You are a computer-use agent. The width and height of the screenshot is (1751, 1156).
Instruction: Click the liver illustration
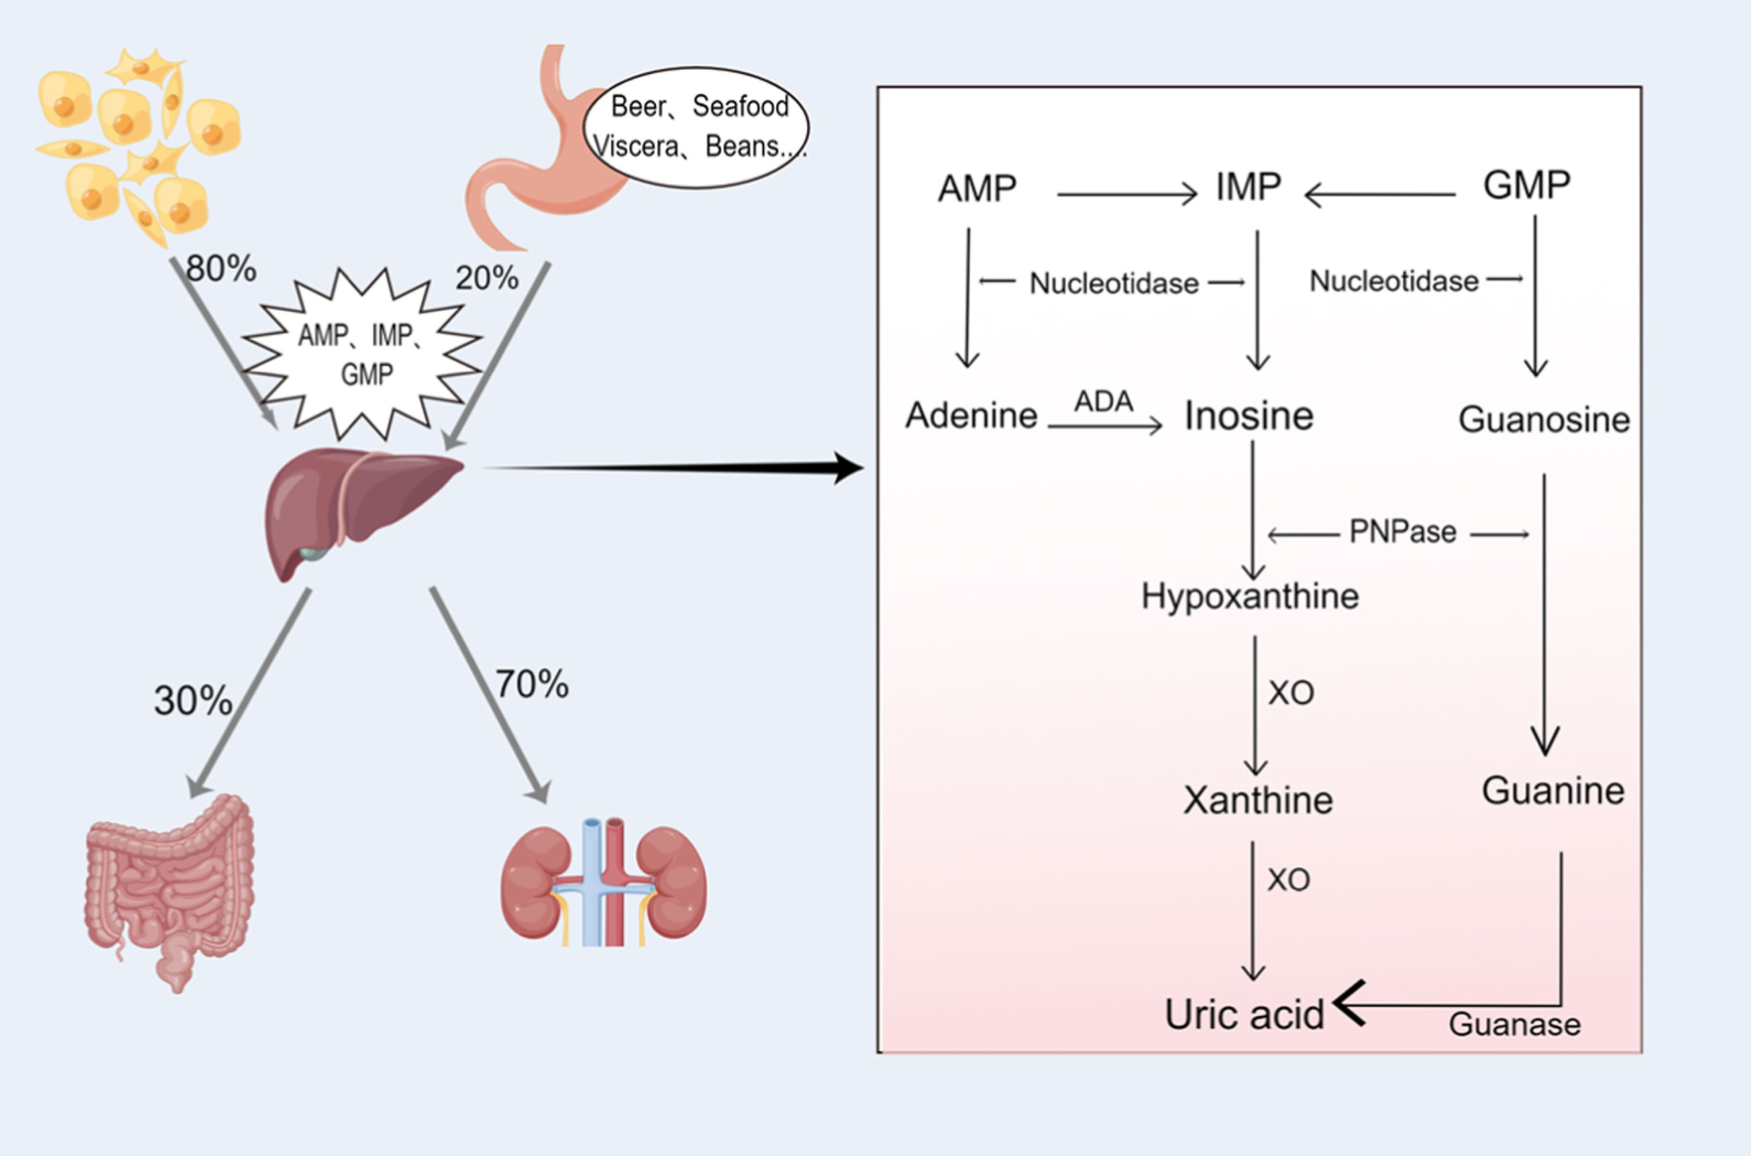click(x=361, y=513)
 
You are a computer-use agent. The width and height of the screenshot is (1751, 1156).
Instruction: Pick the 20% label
click(x=487, y=278)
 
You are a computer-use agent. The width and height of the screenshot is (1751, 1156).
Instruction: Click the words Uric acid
click(x=1245, y=1015)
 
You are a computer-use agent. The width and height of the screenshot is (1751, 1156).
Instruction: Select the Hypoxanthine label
click(x=1250, y=596)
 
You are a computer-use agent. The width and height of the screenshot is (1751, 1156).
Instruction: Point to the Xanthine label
click(x=1258, y=800)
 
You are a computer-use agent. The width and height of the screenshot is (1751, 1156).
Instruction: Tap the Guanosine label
click(x=1544, y=419)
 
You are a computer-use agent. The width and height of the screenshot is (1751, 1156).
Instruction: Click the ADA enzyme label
click(x=1104, y=402)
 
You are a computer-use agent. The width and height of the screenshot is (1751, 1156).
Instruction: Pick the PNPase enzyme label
click(x=1402, y=532)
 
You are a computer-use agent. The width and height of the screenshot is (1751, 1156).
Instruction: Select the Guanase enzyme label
click(x=1514, y=1025)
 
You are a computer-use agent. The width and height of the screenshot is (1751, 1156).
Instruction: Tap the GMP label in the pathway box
click(x=1527, y=185)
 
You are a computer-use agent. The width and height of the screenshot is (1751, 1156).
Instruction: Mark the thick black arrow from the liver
click(x=673, y=467)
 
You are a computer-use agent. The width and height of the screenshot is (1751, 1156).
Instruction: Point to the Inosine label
click(x=1249, y=416)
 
